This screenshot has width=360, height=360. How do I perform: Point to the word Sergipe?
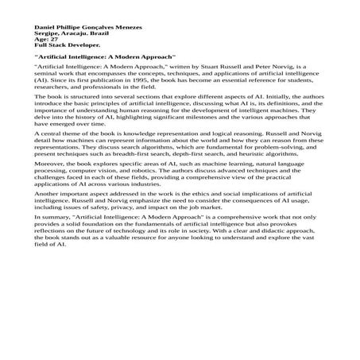click(x=45, y=33)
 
